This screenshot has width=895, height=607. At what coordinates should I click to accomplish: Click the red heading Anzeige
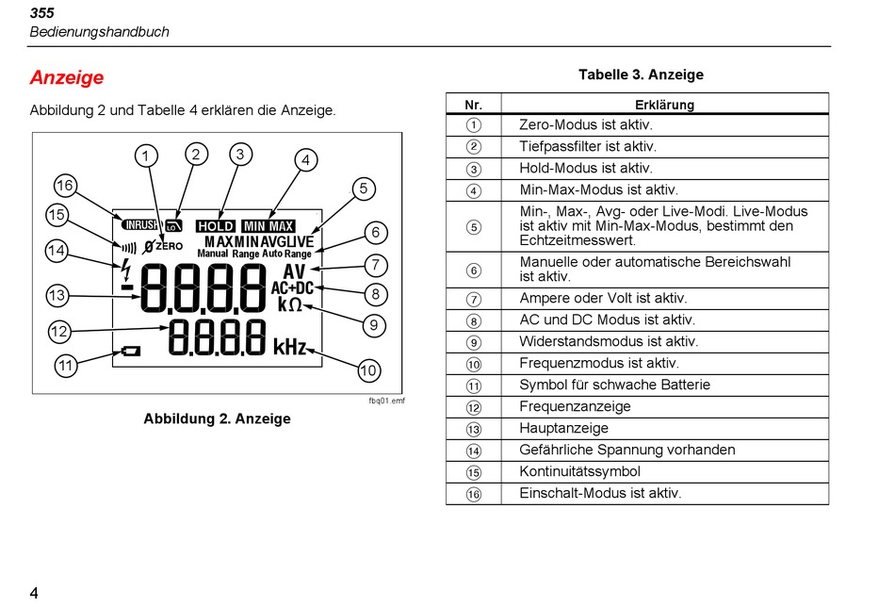67,77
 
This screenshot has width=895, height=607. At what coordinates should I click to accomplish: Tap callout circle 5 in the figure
364,189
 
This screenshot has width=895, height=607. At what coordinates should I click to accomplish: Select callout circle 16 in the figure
65,186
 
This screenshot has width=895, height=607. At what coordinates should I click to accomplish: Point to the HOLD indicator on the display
215,226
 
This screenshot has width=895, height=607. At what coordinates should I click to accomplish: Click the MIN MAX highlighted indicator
268,226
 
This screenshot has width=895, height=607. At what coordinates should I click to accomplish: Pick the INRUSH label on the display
139,225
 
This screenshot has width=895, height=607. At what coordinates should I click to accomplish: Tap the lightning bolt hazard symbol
126,271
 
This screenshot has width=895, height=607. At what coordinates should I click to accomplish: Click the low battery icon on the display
131,351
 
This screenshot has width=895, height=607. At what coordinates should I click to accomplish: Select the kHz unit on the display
290,347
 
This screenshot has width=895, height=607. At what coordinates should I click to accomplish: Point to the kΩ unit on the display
290,304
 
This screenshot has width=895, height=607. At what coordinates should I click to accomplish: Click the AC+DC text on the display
292,287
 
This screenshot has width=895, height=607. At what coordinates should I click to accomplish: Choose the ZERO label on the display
169,246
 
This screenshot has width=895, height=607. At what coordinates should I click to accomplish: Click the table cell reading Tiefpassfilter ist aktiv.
588,147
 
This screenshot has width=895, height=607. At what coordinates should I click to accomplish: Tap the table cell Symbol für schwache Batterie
615,385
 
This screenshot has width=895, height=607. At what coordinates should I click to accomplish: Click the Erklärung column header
664,105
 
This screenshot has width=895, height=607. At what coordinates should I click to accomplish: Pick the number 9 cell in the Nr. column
474,342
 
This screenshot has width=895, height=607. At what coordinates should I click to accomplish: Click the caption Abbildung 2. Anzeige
217,418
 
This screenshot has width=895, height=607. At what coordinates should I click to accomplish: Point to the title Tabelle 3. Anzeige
641,74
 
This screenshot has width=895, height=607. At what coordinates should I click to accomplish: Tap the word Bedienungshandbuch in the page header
99,32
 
